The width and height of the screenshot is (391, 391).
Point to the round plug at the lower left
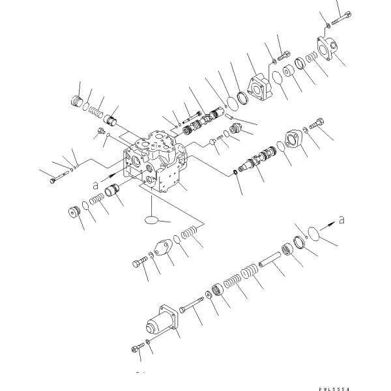coord(73,212)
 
